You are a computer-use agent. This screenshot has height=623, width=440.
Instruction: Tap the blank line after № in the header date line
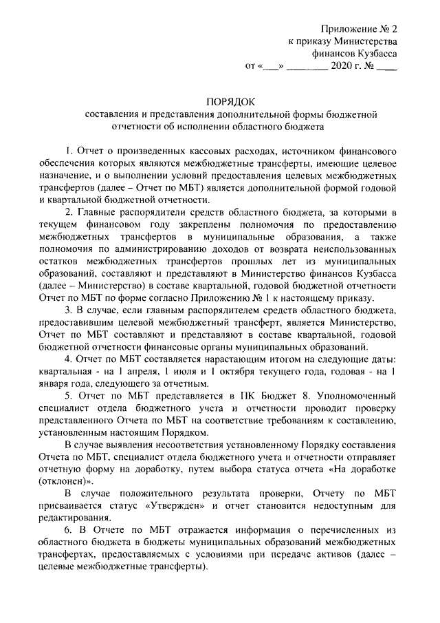pyautogui.click(x=387, y=67)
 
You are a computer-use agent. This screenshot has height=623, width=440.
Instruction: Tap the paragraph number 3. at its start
pyautogui.click(x=69, y=310)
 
